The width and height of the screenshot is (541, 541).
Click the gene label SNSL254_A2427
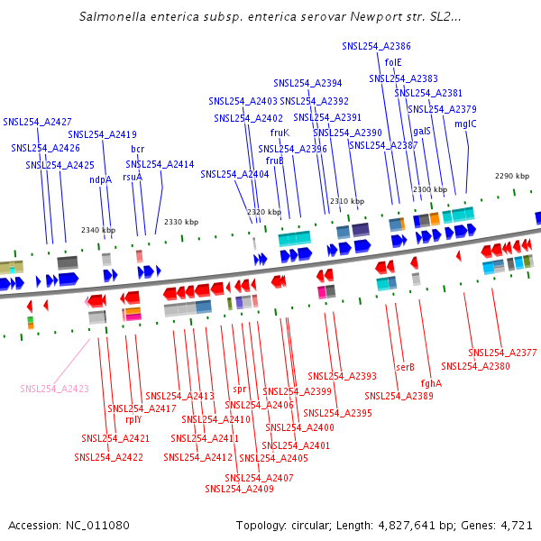coord(37,122)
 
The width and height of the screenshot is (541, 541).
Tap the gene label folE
coord(393,62)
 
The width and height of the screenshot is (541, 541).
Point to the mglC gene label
coord(465,124)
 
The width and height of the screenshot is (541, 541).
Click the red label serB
coord(405,367)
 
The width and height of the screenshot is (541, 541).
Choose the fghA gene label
coord(431,383)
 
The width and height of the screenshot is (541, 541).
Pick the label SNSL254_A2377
coord(502,353)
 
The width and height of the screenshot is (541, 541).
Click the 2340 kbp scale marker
coord(98,230)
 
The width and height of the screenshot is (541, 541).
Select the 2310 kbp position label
coord(347,201)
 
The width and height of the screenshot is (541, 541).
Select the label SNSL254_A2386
coord(376,46)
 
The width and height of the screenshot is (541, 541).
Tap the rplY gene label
coord(133,419)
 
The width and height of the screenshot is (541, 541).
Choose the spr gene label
coord(240,390)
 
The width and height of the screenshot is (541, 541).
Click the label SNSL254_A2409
coord(239,489)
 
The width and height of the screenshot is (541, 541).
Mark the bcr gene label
coord(137,149)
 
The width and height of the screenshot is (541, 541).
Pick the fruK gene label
coord(280,133)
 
